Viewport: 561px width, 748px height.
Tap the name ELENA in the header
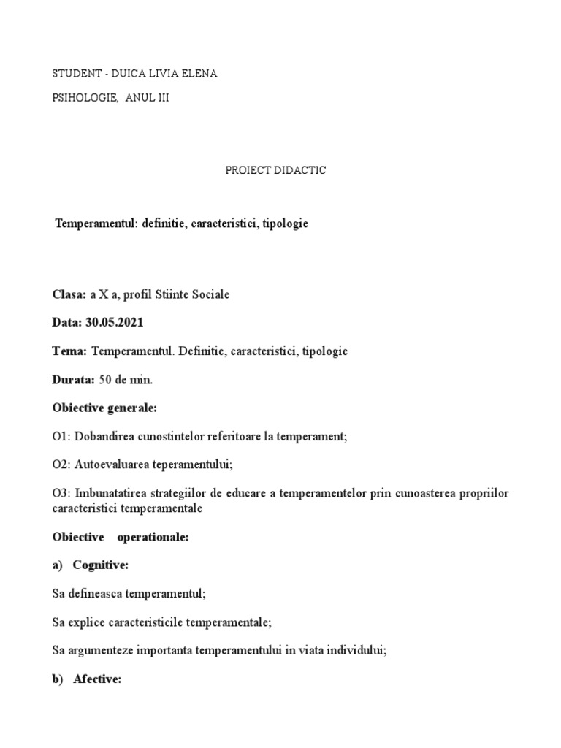pos(201,74)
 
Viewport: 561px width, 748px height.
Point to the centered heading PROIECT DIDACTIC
pos(275,170)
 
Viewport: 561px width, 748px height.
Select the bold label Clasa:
pos(69,294)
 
